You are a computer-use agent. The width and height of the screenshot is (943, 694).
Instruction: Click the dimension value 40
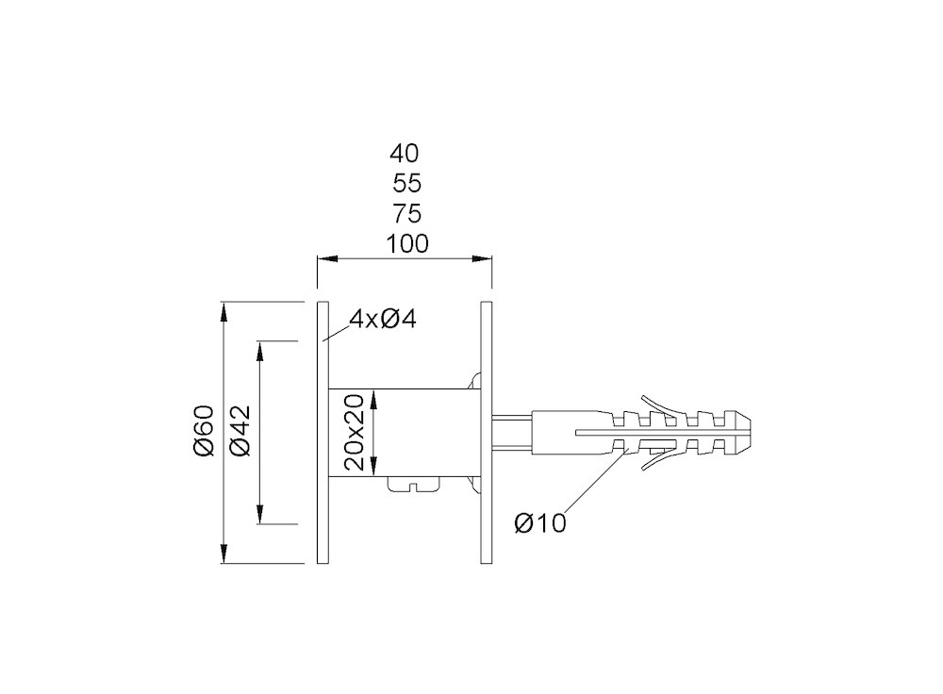405,154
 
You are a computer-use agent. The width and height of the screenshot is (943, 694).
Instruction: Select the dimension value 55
407,184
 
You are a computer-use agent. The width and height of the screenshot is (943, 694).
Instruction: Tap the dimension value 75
407,213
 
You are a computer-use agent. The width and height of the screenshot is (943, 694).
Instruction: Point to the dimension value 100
407,244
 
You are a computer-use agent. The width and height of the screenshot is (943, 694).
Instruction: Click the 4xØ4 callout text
383,320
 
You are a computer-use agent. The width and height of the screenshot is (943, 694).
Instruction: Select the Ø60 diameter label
204,430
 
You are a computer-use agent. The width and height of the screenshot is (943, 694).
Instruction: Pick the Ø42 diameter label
240,430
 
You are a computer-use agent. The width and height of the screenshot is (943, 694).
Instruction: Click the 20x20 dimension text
356,432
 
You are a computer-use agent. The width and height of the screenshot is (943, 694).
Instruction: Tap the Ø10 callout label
540,523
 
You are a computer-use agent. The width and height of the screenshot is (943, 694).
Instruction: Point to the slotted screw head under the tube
415,485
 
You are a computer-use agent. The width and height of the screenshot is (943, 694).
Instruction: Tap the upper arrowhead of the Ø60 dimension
223,312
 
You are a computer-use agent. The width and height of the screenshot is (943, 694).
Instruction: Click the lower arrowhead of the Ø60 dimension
223,554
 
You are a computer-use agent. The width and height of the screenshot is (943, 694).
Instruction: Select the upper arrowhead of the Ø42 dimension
260,351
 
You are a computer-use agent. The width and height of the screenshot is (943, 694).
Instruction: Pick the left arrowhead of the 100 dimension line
327,259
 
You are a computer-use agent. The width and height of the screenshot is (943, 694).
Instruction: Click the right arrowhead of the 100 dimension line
482,259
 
